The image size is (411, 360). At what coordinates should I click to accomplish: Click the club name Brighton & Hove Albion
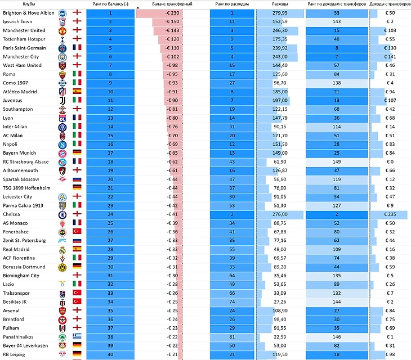pyautogui.click(x=29, y=13)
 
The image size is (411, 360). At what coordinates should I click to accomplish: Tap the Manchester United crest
pyautogui.click(x=62, y=30)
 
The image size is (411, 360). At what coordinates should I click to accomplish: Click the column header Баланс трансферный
pyautogui.click(x=172, y=4)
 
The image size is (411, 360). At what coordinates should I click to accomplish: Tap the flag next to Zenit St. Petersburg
pyautogui.click(x=77, y=241)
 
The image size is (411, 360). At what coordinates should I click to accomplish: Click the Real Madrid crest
pyautogui.click(x=62, y=249)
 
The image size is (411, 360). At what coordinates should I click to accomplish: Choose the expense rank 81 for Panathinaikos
pyautogui.click(x=231, y=337)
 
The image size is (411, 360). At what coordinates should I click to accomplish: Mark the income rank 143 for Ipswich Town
pyautogui.click(x=337, y=21)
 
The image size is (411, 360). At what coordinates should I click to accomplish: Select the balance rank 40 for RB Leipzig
pyautogui.click(x=110, y=354)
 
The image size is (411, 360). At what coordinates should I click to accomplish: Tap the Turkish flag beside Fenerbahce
pyautogui.click(x=77, y=232)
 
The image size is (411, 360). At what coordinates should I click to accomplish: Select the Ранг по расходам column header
pyautogui.click(x=231, y=4)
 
